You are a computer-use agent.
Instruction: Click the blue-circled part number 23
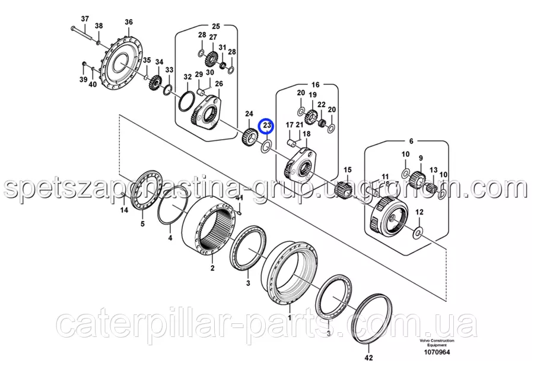pos(267,126)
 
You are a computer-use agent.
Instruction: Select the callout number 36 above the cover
pos(128,22)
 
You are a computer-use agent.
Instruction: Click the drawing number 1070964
pos(437,352)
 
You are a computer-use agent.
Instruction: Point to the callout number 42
pos(369,358)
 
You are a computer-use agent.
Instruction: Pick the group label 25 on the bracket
pos(216,26)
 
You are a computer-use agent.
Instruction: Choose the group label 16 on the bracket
pos(316,84)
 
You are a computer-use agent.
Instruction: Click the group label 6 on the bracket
pos(411,141)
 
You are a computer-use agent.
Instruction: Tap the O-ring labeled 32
pos(186,100)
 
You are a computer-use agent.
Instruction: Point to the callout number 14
pos(124,210)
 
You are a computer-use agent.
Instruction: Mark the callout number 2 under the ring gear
pos(212,268)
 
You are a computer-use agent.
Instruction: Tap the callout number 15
pos(347,169)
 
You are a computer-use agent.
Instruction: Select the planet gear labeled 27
pos(212,59)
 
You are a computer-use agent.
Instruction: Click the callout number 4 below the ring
pos(170,238)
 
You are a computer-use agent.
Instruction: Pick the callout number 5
pos(142,224)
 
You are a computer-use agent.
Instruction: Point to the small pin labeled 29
pos(201,92)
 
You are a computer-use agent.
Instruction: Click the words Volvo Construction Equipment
pos(437,343)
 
